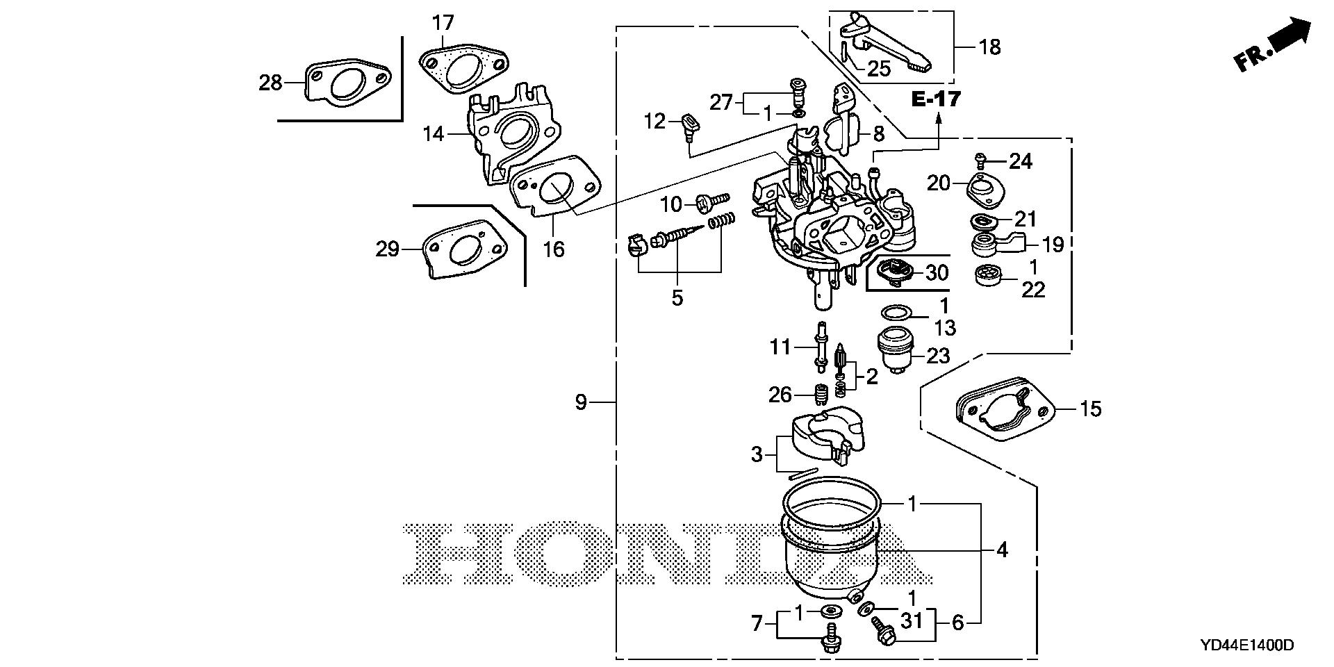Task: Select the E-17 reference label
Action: coord(937,99)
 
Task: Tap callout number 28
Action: coord(270,83)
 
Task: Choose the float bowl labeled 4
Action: coord(830,556)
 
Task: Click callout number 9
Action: coord(581,402)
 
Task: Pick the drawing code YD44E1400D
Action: coord(1246,645)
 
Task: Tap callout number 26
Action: coord(780,395)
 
